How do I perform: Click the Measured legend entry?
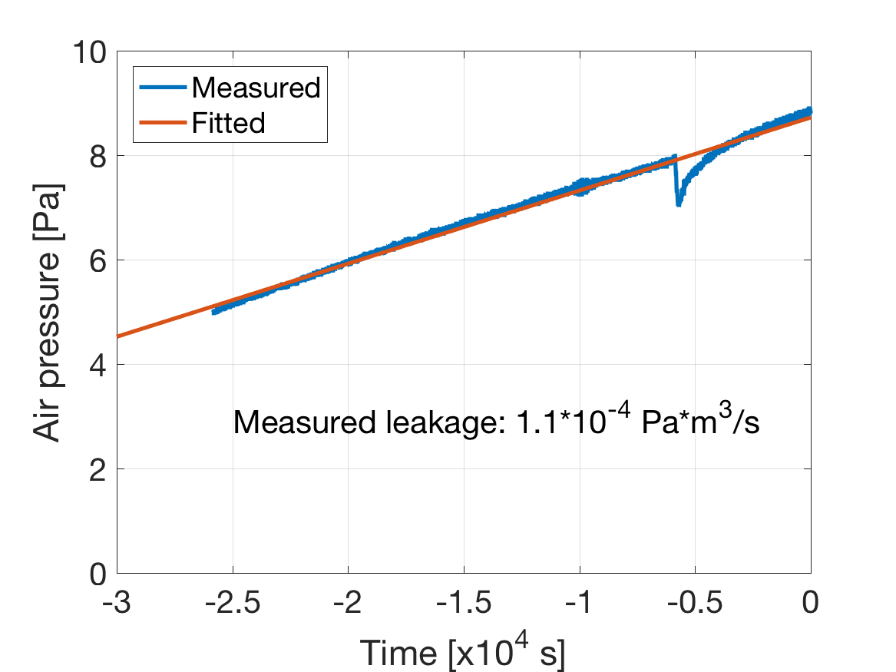256,88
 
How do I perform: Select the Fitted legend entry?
229,122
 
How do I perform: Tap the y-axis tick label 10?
91,51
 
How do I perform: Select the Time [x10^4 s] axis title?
463,652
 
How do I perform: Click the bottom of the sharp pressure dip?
678,204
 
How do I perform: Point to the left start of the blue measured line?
213,311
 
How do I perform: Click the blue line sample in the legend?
162,88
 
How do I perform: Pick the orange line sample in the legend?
162,122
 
